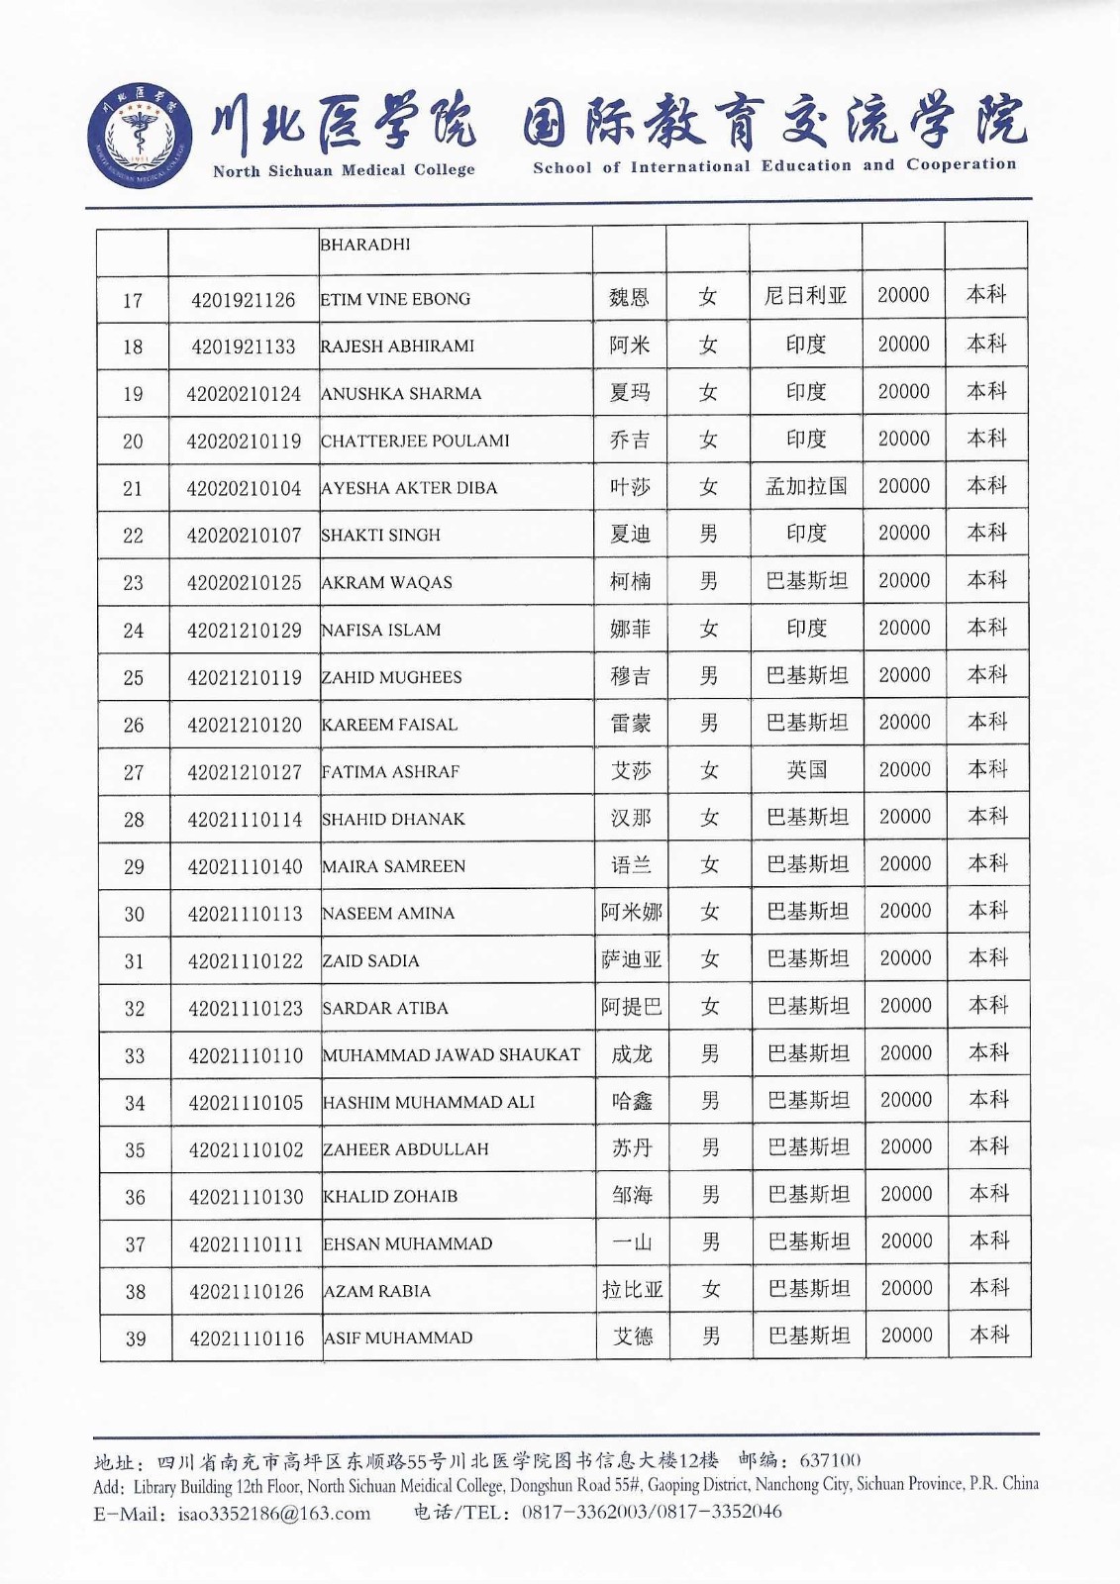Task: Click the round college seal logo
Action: pos(140,136)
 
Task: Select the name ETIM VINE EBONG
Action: pos(395,299)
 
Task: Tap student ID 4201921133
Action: pos(244,346)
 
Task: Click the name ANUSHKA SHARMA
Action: pos(401,394)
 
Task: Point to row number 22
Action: pos(133,536)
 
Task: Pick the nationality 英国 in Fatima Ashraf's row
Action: pos(807,770)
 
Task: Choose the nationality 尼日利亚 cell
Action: pos(806,296)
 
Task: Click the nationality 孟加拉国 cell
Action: pos(806,486)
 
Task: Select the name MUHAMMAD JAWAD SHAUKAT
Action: pos(452,1055)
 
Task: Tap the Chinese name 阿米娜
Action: pos(632,912)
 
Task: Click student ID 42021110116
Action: pos(247,1338)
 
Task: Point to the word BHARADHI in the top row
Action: pos(365,245)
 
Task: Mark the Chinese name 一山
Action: pos(633,1242)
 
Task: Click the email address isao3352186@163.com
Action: pos(274,1513)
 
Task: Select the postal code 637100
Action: pos(830,1459)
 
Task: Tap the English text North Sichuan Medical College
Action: pos(344,170)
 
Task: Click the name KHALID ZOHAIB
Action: pos(391,1197)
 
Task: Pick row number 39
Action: pos(136,1339)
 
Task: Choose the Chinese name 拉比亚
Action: pos(633,1290)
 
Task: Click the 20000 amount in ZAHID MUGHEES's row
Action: pos(905,675)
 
